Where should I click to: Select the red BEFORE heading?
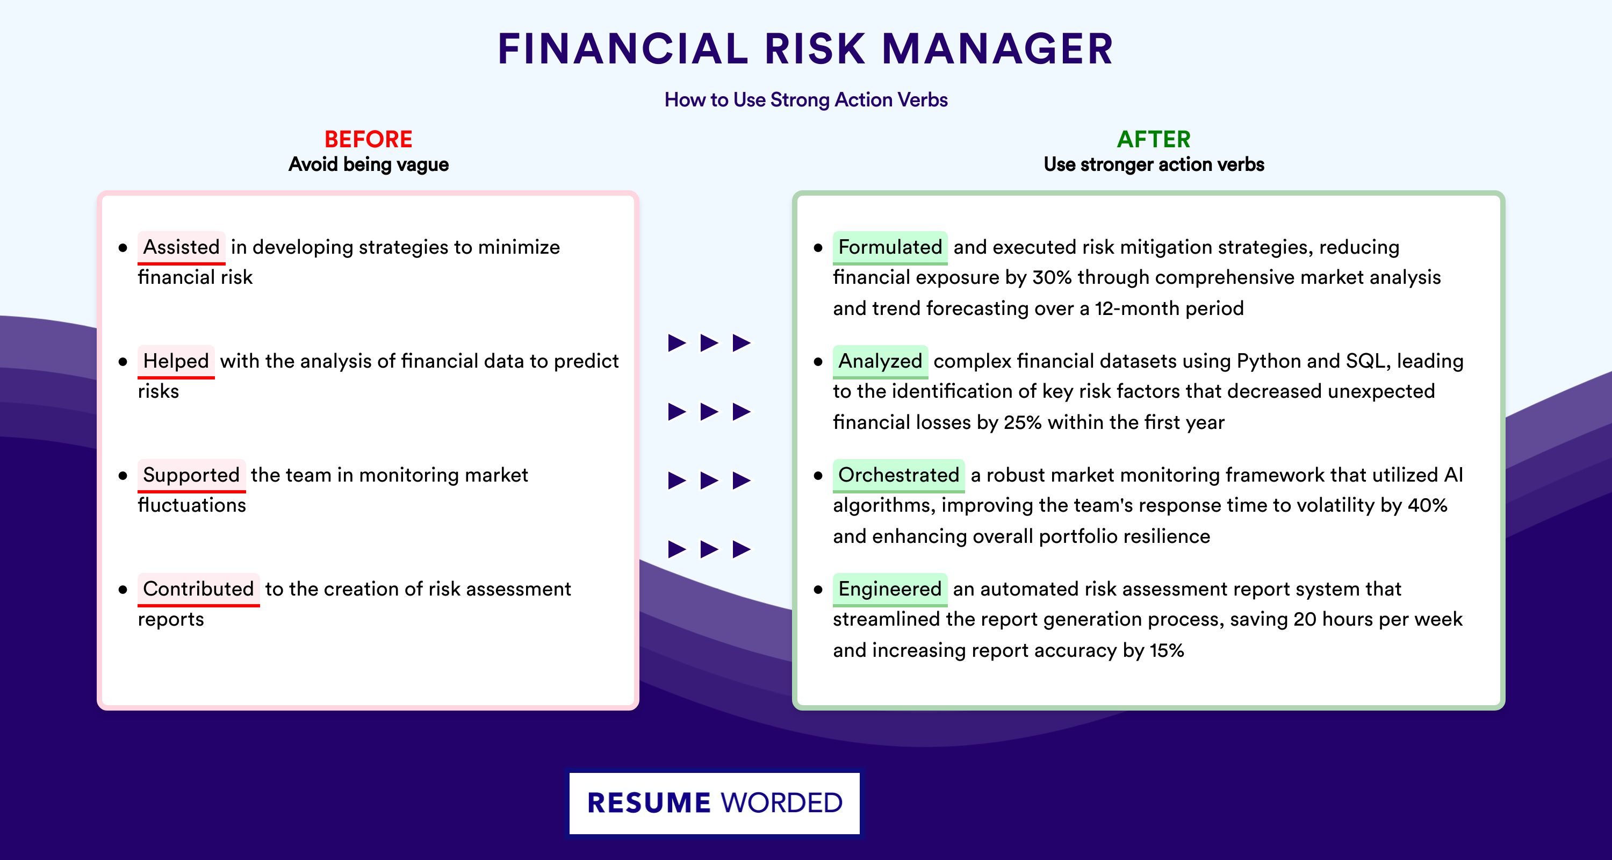pos(368,139)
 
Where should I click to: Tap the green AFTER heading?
pos(1153,139)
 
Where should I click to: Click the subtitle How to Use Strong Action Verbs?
pos(806,99)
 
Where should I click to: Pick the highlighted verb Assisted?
pos(182,247)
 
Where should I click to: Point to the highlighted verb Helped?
pos(176,361)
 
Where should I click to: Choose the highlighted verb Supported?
pos(191,475)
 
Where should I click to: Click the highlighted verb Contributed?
pos(198,589)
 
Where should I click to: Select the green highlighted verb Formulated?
pos(890,247)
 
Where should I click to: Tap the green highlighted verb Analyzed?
pos(880,361)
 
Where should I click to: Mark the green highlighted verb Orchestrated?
pos(898,475)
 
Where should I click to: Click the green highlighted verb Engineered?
pos(890,589)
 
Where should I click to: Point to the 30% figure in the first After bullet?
pos(1052,277)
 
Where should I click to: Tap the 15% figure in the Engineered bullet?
pos(1167,650)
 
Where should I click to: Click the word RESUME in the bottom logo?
pos(649,803)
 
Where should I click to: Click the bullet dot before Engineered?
pos(818,590)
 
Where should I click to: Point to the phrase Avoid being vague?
pos(368,164)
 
